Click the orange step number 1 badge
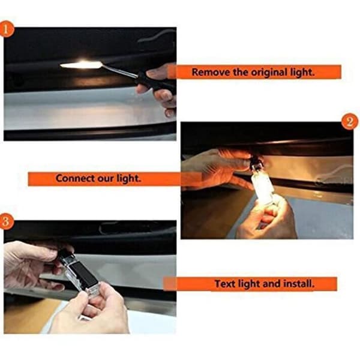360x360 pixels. coord(6,29)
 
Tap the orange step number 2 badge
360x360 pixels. coord(349,121)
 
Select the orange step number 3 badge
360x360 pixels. coord(6,221)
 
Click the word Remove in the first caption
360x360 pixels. coord(211,72)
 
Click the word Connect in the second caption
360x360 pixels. coord(75,178)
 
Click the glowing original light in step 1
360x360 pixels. coord(81,65)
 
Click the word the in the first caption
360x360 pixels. coord(241,72)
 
